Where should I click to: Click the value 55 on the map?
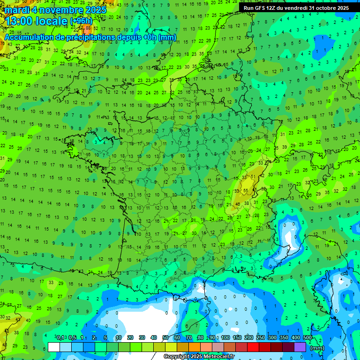246,190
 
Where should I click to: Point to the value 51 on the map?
253,177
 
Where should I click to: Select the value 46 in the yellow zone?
238,204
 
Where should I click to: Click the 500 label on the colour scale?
307,337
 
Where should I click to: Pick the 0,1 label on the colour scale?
60,337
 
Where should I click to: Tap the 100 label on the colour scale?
225,337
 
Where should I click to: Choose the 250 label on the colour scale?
261,337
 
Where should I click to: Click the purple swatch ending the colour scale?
300,347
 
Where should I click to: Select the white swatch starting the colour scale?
54,347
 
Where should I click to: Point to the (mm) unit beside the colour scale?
317,348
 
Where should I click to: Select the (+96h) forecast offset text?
81,21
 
